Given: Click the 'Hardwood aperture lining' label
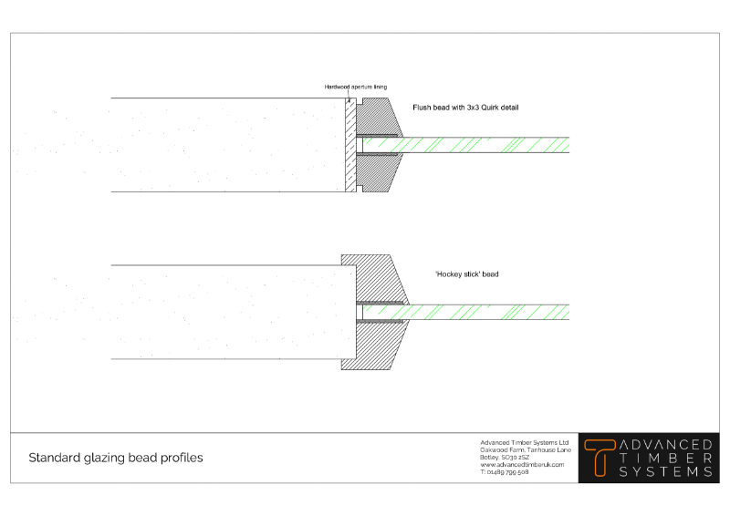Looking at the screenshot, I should coord(356,87).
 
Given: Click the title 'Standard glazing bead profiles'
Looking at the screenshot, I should coord(116,458).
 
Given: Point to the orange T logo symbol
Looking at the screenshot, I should coord(600,457).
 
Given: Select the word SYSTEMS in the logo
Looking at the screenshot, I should coord(666,472).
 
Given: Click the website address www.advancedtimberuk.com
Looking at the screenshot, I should coord(522,465).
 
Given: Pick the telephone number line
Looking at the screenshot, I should coord(505,472).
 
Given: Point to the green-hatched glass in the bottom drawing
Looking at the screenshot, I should coord(484,311).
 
